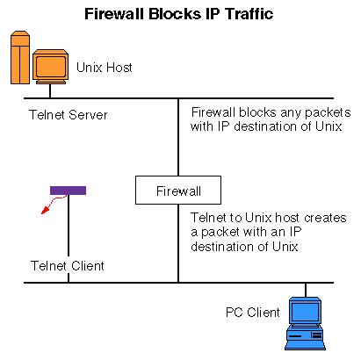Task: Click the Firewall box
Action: pos(178,190)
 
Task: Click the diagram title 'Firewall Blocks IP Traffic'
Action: pos(179,14)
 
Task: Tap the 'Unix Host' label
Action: pos(105,68)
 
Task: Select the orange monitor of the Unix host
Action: pos(50,66)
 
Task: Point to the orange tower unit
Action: pos(20,57)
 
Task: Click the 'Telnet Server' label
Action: pos(69,114)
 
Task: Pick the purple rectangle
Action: pos(68,191)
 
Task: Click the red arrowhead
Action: pos(45,210)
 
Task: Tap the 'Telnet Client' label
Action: pos(68,266)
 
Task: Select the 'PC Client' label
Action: pos(253,313)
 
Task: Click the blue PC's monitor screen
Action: pos(306,312)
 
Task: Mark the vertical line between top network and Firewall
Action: pos(178,137)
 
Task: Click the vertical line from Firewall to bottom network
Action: pos(178,243)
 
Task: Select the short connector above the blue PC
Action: pos(306,290)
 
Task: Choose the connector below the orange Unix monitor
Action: pos(50,91)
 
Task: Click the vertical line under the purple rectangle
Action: pos(69,239)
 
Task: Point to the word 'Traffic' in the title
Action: pos(249,14)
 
